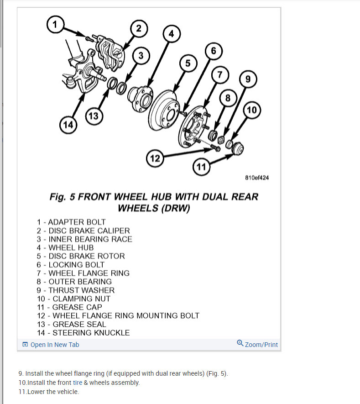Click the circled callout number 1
tap(55, 24)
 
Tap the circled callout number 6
tap(213, 50)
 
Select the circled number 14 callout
tap(68, 125)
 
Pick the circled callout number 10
tap(251, 110)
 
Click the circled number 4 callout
tap(171, 33)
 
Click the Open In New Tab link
tap(51, 345)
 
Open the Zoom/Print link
tap(257, 344)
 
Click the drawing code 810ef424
tap(257, 178)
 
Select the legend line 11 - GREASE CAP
tap(70, 307)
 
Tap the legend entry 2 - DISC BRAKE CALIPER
tap(83, 231)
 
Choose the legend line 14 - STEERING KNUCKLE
tap(83, 333)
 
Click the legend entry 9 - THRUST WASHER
tap(76, 290)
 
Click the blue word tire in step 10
tap(78, 383)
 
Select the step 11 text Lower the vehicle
tap(53, 392)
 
